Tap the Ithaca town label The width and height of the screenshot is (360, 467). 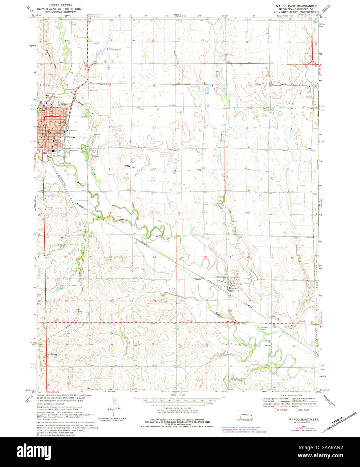[x=233, y=288]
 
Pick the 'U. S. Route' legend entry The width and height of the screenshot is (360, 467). [x=281, y=410]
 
